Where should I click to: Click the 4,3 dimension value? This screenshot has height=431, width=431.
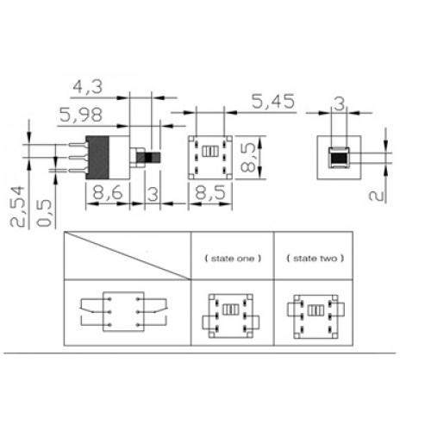click(x=88, y=87)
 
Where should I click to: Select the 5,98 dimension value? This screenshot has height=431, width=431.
click(x=81, y=115)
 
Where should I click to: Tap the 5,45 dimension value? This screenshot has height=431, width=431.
click(x=273, y=101)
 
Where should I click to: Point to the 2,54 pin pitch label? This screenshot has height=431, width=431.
click(x=17, y=206)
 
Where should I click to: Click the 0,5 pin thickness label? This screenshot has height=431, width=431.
click(x=45, y=213)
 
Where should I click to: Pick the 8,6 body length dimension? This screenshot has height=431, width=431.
click(x=108, y=192)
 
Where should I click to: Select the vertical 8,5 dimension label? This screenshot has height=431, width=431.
click(x=247, y=158)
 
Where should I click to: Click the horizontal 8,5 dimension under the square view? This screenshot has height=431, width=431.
click(x=210, y=192)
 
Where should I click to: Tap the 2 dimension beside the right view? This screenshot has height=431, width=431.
click(x=377, y=196)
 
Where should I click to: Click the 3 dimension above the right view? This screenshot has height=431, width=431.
click(x=340, y=104)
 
